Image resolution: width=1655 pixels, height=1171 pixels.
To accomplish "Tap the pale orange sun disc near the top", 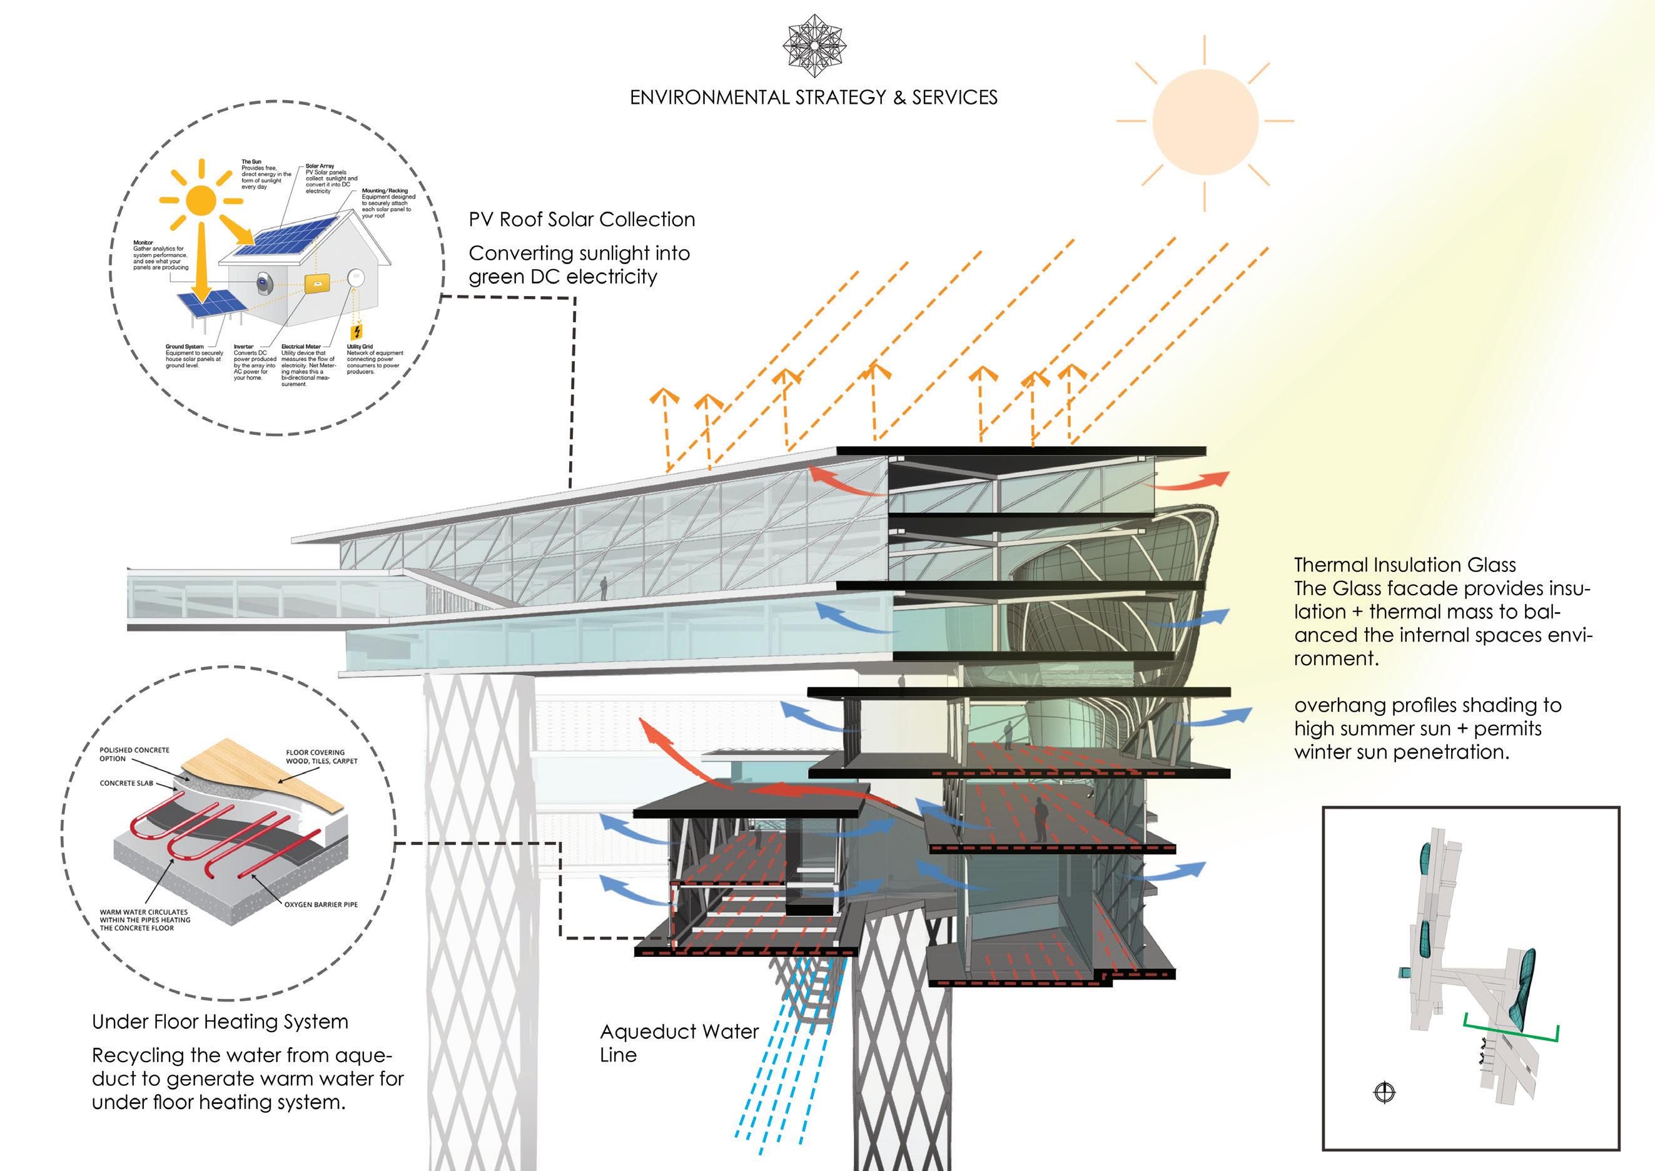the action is click(1205, 121).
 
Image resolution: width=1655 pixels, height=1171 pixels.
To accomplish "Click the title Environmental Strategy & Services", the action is click(813, 98).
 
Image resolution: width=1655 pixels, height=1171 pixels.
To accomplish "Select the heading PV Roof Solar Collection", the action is click(582, 219).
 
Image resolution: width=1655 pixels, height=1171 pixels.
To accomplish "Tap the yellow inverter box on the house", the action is click(316, 284).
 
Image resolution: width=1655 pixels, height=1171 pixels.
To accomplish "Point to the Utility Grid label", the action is click(360, 347).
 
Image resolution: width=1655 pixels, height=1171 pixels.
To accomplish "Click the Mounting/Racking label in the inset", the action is click(385, 191).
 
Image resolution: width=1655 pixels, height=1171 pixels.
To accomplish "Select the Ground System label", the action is click(185, 347).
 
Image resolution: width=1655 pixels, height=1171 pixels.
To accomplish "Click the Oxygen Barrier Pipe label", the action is click(321, 904).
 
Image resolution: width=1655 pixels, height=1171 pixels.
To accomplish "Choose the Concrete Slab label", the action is click(126, 783).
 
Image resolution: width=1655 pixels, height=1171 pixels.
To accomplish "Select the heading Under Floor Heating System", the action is click(220, 1022).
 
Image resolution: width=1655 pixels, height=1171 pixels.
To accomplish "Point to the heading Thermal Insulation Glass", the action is click(1404, 565).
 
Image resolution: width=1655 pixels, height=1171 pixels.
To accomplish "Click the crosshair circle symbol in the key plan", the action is click(1385, 1092).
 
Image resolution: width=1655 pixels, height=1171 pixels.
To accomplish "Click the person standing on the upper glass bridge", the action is click(604, 588).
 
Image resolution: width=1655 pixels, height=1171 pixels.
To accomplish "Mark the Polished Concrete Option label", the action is click(134, 754).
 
